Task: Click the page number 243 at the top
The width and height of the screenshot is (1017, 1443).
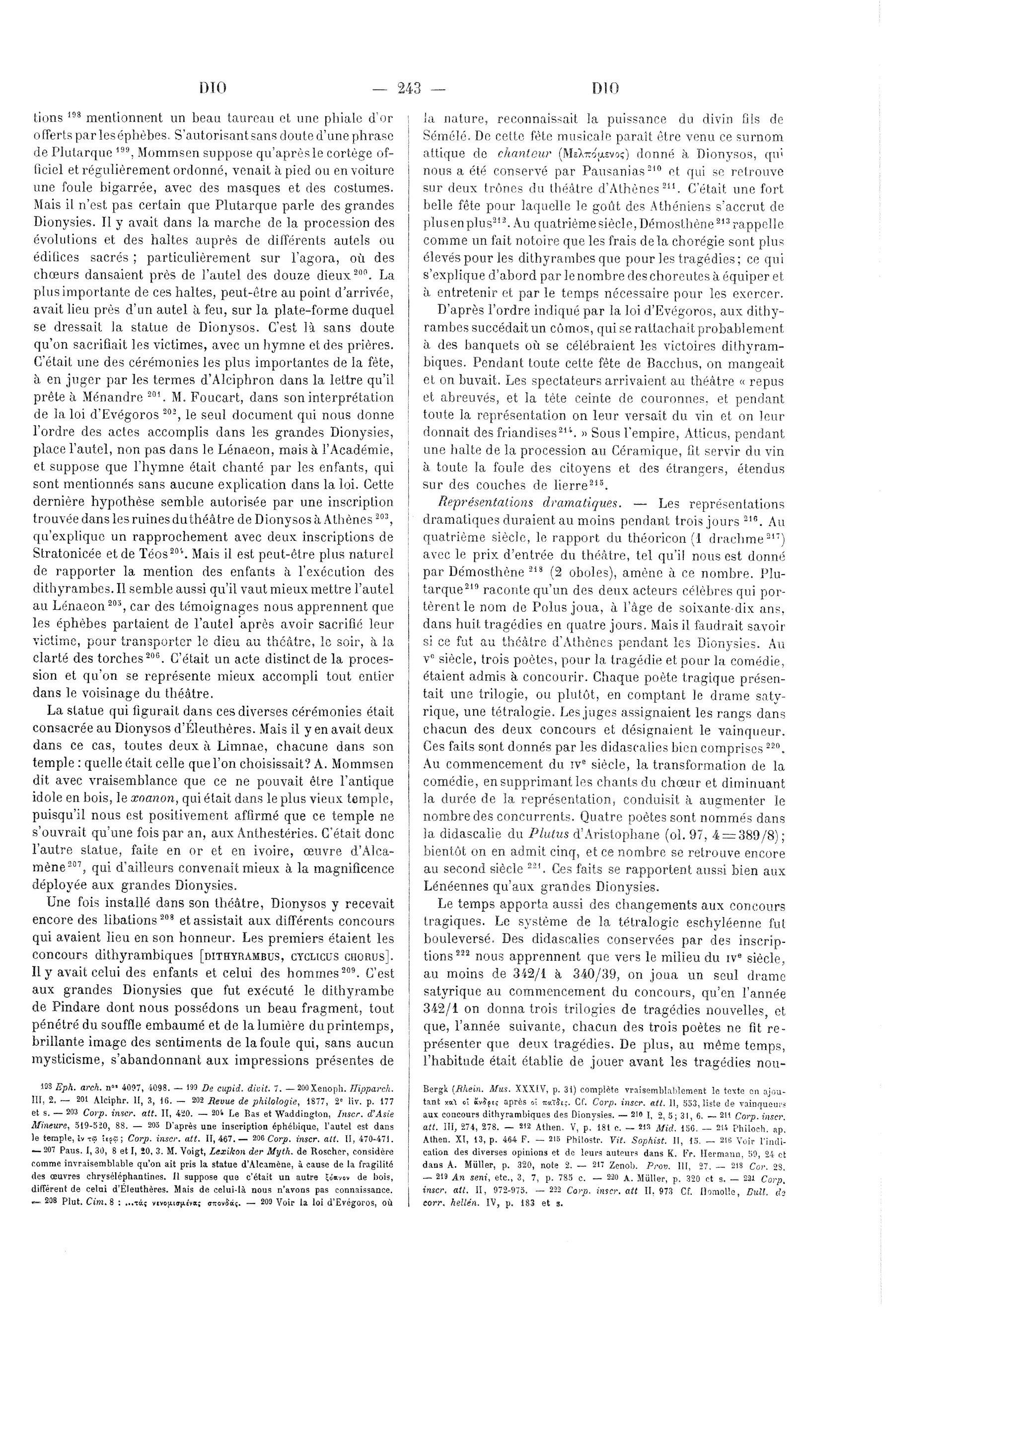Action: (409, 88)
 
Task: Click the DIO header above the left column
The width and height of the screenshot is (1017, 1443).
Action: (213, 88)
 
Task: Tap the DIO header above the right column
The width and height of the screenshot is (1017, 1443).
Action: (605, 88)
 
